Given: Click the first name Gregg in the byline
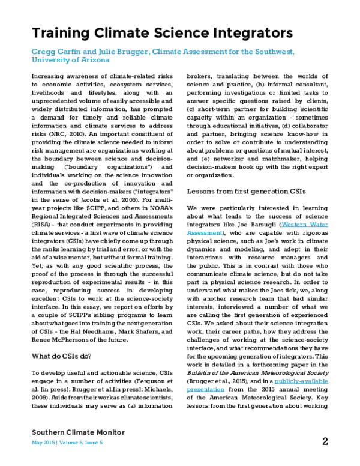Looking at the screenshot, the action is coord(43,53).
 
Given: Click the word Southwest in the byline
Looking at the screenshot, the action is coord(273,53).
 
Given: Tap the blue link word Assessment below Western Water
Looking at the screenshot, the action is coord(205,233).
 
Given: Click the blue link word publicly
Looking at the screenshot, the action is coord(287,381).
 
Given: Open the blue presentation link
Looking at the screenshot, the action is coord(205,390).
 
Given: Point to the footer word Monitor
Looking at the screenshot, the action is coord(109,432).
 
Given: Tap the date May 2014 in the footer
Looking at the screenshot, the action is coord(43,443).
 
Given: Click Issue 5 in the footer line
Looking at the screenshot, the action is coord(95,443).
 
